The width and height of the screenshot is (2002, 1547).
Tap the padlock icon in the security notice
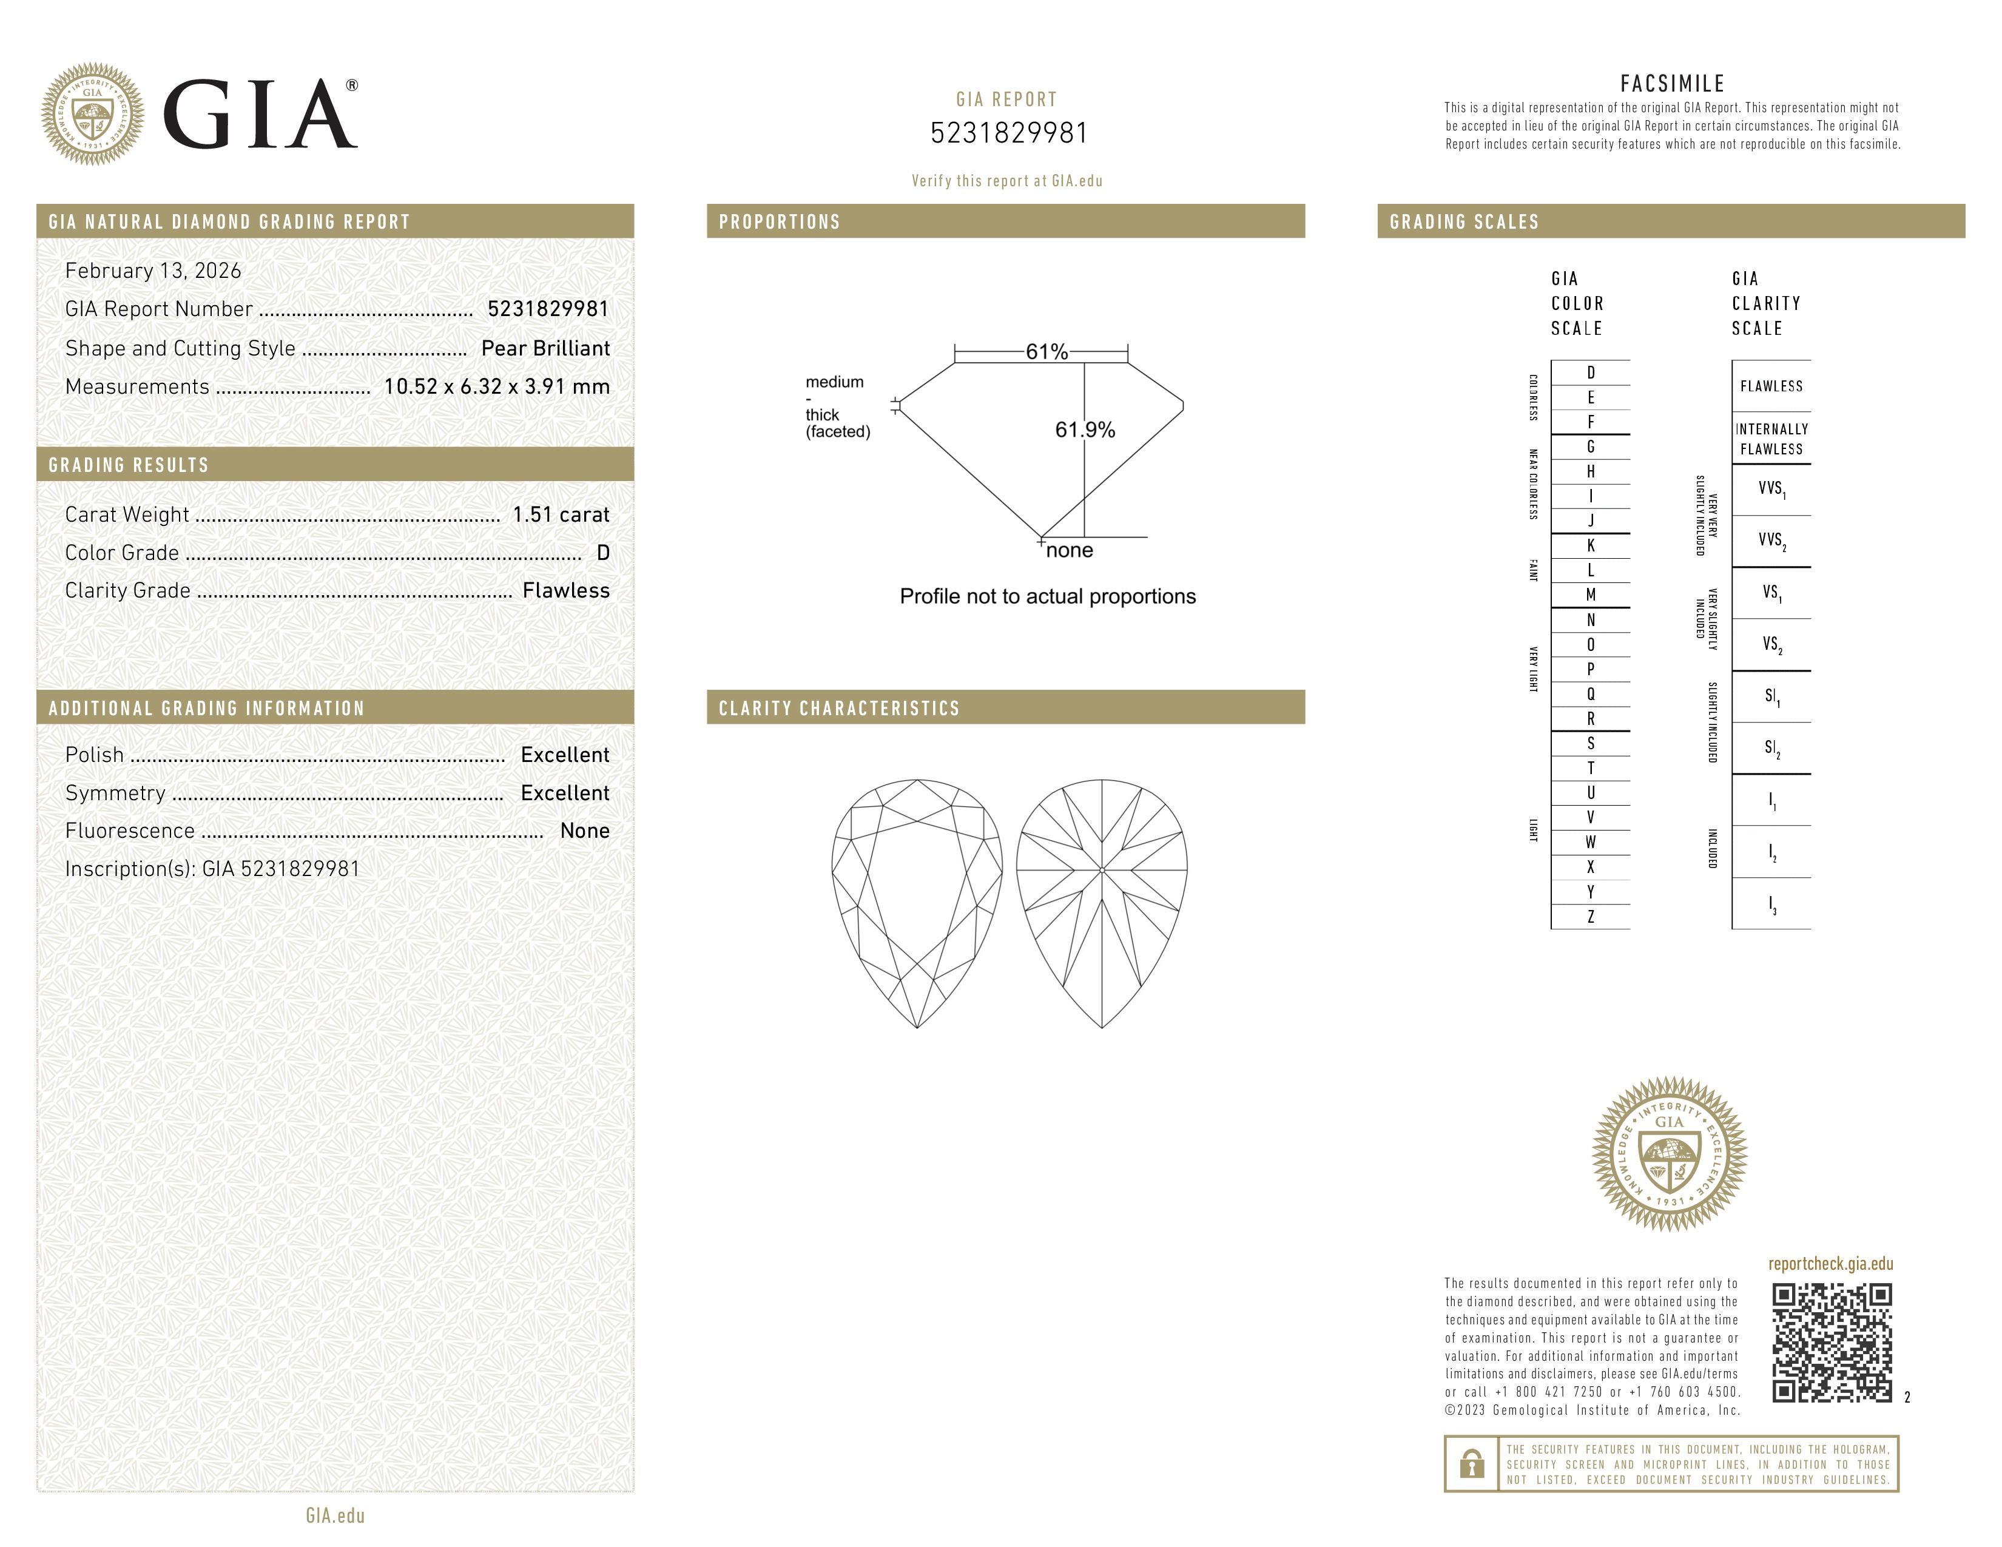click(1471, 1464)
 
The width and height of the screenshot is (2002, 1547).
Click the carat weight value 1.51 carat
click(560, 515)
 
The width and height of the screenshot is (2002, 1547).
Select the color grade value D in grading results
click(602, 553)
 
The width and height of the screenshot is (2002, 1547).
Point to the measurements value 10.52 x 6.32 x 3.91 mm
click(496, 387)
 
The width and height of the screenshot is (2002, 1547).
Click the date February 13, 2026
click(153, 271)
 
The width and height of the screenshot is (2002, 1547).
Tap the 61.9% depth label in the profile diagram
click(1085, 430)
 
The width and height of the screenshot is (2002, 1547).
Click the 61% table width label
click(1046, 352)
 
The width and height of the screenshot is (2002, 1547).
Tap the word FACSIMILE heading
click(1672, 83)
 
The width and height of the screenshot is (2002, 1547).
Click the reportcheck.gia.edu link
click(1830, 1264)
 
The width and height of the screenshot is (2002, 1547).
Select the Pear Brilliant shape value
click(545, 348)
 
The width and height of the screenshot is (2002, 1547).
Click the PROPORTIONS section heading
click(779, 222)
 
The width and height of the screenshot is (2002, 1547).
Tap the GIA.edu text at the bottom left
click(335, 1515)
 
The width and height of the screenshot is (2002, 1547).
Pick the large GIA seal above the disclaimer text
click(1670, 1153)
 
